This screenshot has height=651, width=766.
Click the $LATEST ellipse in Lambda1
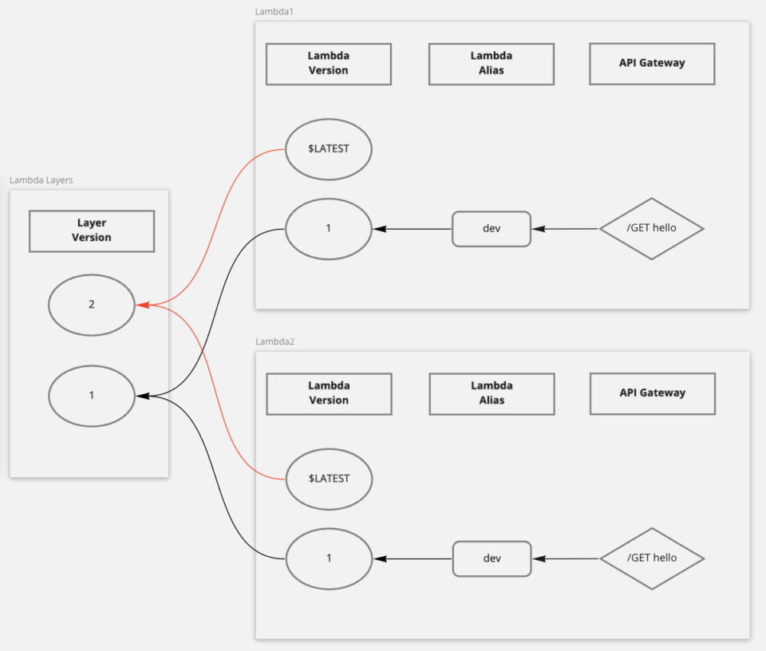pyautogui.click(x=329, y=149)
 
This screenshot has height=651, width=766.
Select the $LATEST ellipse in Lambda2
pyautogui.click(x=329, y=479)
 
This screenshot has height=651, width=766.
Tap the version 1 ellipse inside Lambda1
pyautogui.click(x=329, y=229)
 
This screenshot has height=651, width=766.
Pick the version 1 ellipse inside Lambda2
pyautogui.click(x=329, y=558)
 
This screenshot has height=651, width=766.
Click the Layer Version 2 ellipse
pyautogui.click(x=92, y=305)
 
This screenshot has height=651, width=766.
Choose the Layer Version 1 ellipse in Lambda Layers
pyautogui.click(x=92, y=396)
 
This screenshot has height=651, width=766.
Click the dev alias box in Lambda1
pyautogui.click(x=492, y=229)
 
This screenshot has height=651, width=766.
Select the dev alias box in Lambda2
pyautogui.click(x=492, y=558)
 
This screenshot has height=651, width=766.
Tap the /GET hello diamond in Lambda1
pyautogui.click(x=651, y=228)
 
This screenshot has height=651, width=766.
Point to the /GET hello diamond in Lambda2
pyautogui.click(x=651, y=558)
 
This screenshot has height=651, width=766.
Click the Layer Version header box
pyautogui.click(x=92, y=231)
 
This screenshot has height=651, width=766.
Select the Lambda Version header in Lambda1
pyautogui.click(x=329, y=64)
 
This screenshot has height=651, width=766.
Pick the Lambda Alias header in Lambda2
pyautogui.click(x=492, y=393)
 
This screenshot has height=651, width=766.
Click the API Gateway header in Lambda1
pyautogui.click(x=652, y=63)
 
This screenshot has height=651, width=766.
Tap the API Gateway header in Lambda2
pyautogui.click(x=652, y=393)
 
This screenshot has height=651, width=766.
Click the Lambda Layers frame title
pyautogui.click(x=41, y=180)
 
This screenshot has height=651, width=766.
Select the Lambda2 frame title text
pyautogui.click(x=274, y=341)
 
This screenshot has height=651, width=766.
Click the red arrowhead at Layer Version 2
pyautogui.click(x=141, y=305)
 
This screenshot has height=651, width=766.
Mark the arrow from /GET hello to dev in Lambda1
pyautogui.click(x=565, y=229)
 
